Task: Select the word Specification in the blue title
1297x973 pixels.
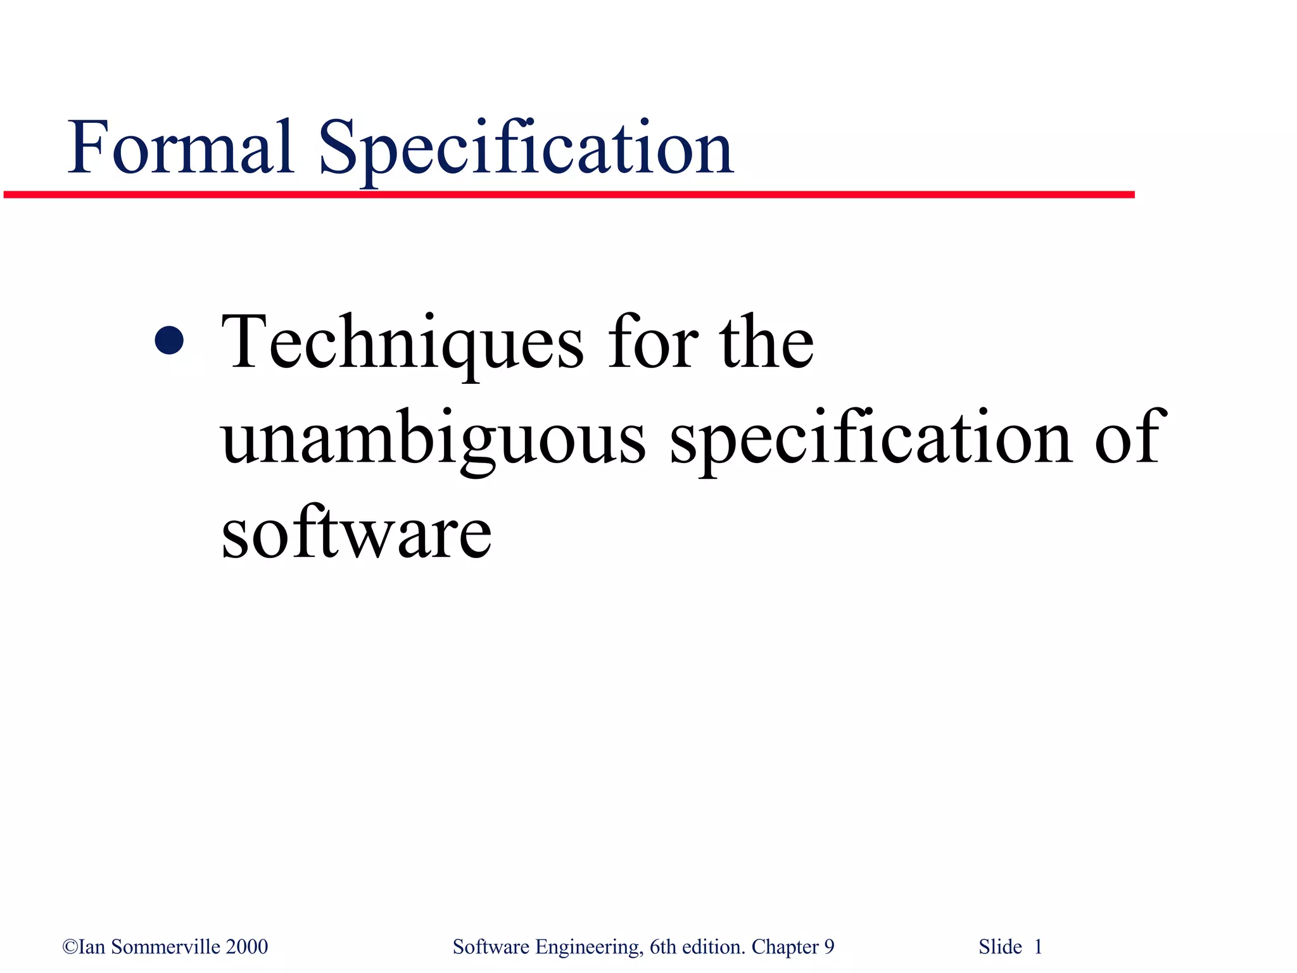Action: point(526,149)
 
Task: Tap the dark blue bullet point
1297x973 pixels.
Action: point(169,340)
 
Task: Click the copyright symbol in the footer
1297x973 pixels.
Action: point(70,947)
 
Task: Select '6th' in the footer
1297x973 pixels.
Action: point(663,946)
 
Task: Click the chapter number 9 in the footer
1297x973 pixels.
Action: point(829,947)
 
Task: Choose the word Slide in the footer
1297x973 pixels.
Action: point(1000,946)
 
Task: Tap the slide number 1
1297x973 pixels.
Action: point(1038,946)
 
